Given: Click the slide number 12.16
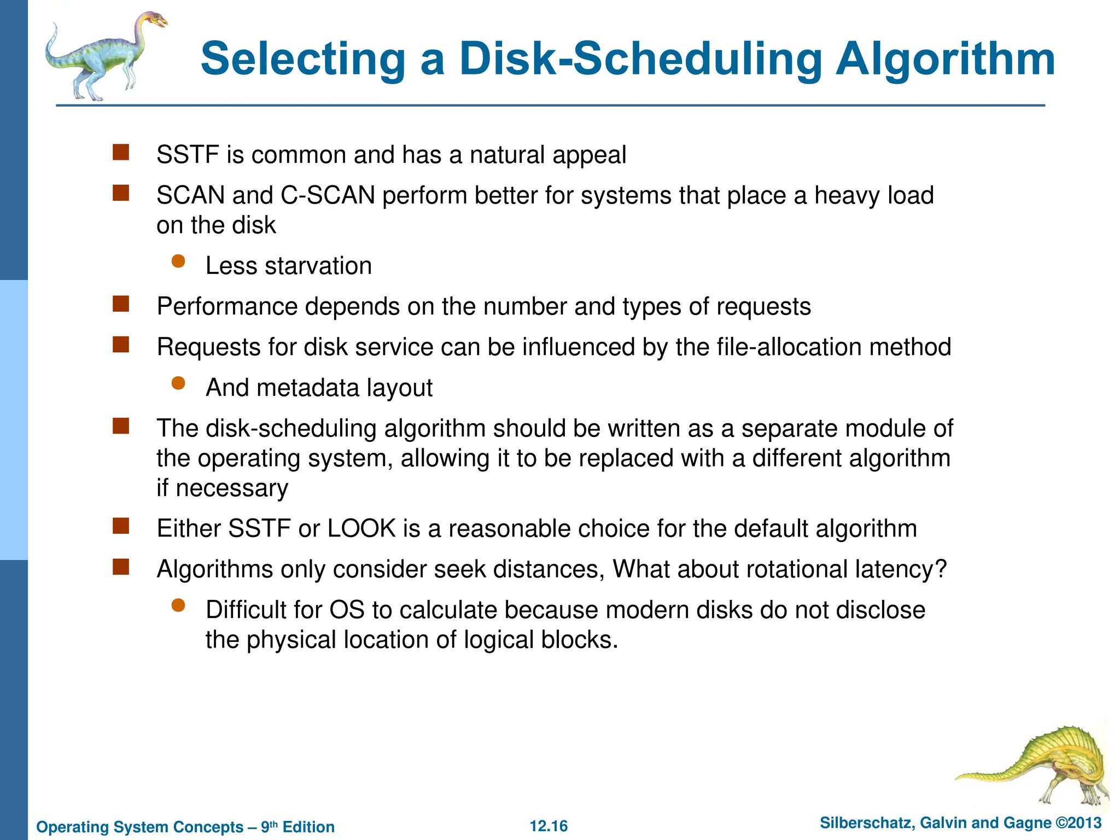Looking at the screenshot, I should click(549, 826).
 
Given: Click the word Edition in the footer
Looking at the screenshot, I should click(308, 827).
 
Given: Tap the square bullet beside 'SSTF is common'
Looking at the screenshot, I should click(121, 153).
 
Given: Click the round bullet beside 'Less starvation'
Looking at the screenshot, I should click(178, 261).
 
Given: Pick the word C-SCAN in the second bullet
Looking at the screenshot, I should click(328, 195).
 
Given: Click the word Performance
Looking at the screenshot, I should click(227, 306).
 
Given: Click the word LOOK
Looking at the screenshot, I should click(361, 528).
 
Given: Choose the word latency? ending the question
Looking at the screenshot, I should click(902, 569).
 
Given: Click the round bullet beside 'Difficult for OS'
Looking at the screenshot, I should click(178, 605).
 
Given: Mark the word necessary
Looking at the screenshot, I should click(232, 488).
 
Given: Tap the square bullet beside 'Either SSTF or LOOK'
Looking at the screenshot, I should click(121, 526).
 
